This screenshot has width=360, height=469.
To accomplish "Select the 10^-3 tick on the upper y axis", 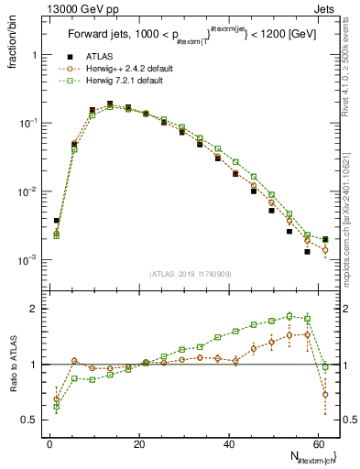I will tap(27, 260).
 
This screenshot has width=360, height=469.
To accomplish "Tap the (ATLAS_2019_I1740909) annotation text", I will tap(189, 274).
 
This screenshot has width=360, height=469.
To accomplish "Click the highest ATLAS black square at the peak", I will tap(110, 104).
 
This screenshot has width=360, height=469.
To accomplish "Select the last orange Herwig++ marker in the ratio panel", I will tap(325, 395).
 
